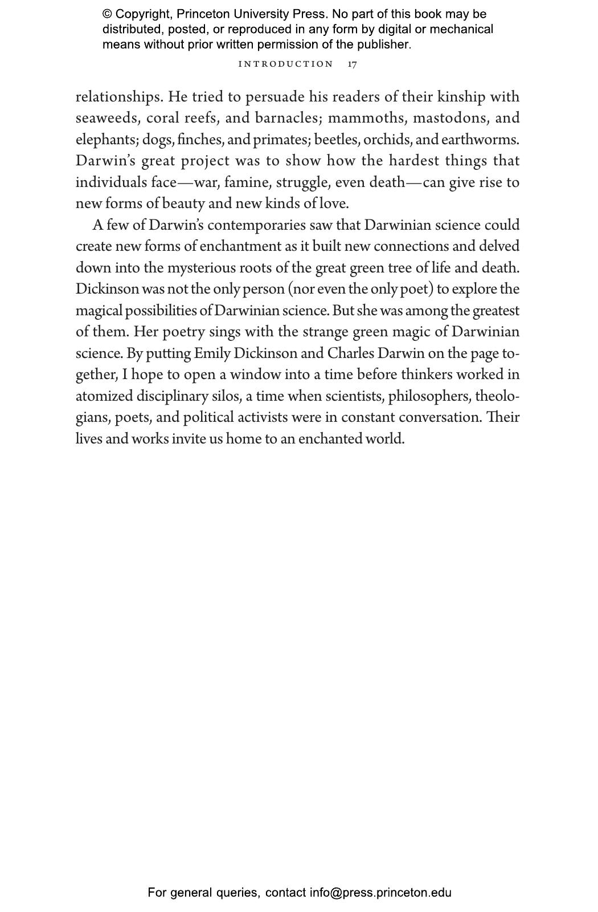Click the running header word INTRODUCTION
pyautogui.click(x=285, y=64)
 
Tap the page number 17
pyautogui.click(x=353, y=64)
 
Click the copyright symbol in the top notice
pyautogui.click(x=107, y=14)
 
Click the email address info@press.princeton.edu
pyautogui.click(x=380, y=893)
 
